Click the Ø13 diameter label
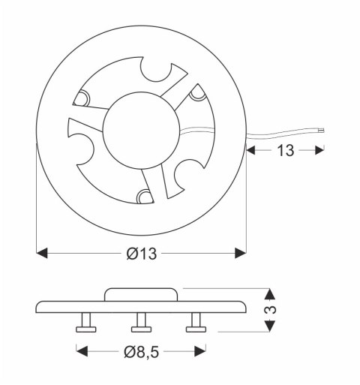point(141,254)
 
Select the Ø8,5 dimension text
point(141,350)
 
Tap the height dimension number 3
point(272,309)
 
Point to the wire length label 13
point(285,150)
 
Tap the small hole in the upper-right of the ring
point(197,92)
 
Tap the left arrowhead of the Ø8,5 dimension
point(80,350)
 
